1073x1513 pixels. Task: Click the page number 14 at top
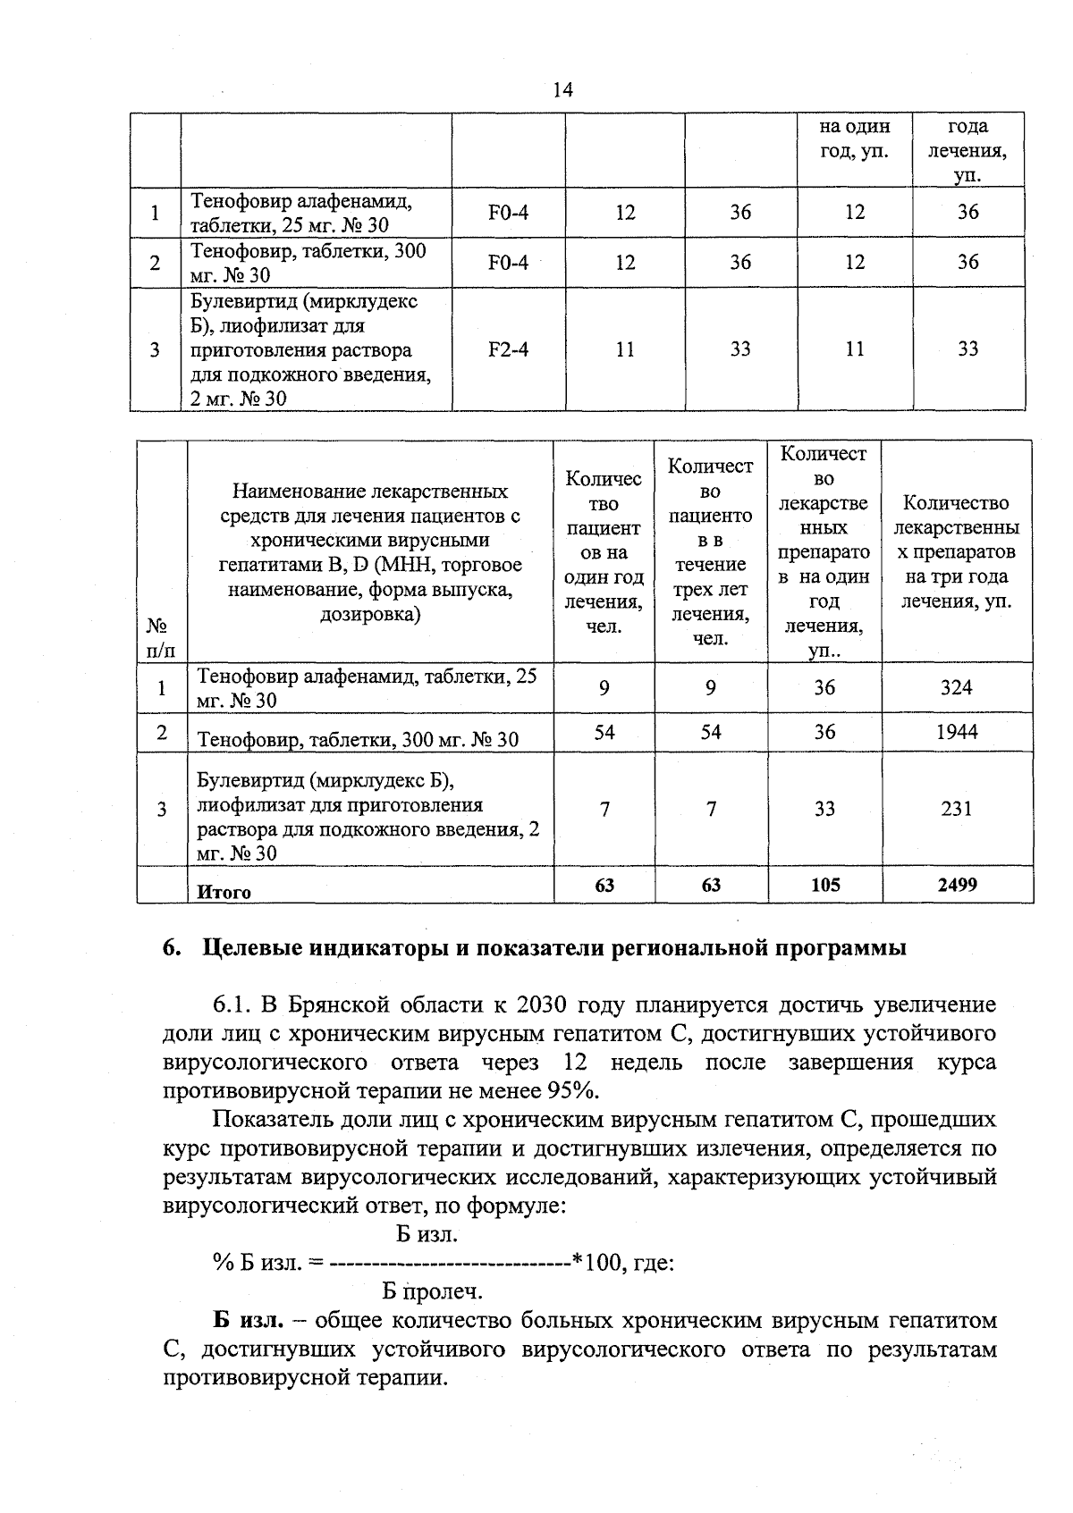(562, 90)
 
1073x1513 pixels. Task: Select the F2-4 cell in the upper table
(508, 349)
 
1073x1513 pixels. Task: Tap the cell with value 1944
(957, 732)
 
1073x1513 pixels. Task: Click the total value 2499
(957, 885)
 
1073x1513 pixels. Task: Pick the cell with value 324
(957, 687)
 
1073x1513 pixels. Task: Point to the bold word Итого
(224, 892)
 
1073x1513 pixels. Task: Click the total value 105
(824, 885)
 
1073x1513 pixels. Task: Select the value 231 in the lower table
(957, 809)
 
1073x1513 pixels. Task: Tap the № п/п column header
(161, 637)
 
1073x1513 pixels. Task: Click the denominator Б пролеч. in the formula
(432, 1291)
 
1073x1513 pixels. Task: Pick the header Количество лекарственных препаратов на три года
(957, 551)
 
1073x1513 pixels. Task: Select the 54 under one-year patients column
(604, 732)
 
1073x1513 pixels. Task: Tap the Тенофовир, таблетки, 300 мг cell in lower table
(358, 739)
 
